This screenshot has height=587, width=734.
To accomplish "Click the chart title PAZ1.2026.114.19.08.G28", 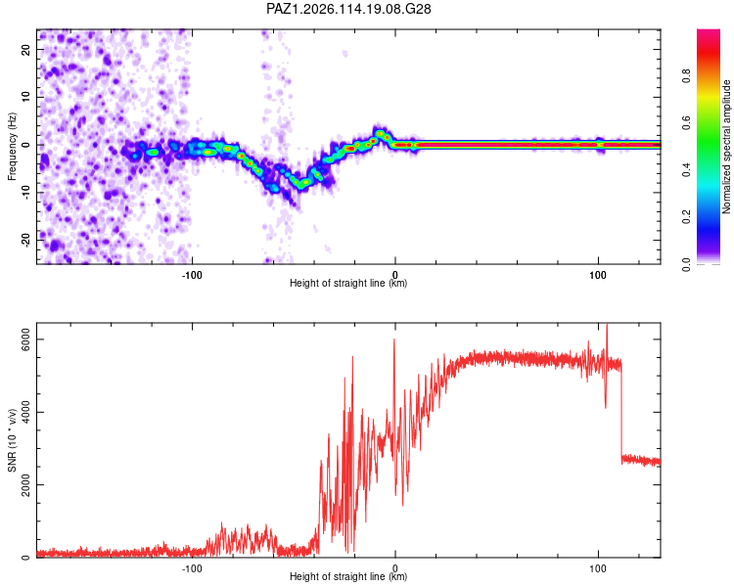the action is [348, 9].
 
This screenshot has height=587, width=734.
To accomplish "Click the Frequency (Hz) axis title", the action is [12, 147].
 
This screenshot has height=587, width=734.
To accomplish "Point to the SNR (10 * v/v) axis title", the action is [12, 440].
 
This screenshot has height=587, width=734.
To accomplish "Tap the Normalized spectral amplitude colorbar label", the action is [726, 147].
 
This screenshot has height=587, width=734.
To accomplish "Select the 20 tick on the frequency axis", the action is [26, 49].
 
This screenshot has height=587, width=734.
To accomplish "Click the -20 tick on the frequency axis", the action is [26, 240].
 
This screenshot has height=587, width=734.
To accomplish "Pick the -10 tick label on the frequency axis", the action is [26, 193].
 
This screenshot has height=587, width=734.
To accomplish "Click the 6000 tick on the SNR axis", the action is [26, 339].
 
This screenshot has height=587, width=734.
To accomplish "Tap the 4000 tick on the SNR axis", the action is [26, 412].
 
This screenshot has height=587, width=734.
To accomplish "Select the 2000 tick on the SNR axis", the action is [26, 484].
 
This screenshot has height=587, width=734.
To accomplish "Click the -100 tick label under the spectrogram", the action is [192, 275].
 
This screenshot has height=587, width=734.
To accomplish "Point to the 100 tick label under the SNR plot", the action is [598, 568].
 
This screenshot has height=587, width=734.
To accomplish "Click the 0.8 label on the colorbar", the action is [686, 76].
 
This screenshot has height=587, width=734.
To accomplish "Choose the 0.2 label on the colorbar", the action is [686, 217].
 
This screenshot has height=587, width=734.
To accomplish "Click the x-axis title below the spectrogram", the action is [348, 283].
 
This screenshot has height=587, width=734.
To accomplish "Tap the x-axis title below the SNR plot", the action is [348, 576].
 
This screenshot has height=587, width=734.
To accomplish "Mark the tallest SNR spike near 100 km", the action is [607, 325].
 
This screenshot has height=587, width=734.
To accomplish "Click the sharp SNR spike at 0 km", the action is [394, 339].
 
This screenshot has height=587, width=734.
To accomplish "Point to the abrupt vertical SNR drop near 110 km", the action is [621, 412].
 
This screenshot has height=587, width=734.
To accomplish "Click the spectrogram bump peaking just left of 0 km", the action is [380, 133].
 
